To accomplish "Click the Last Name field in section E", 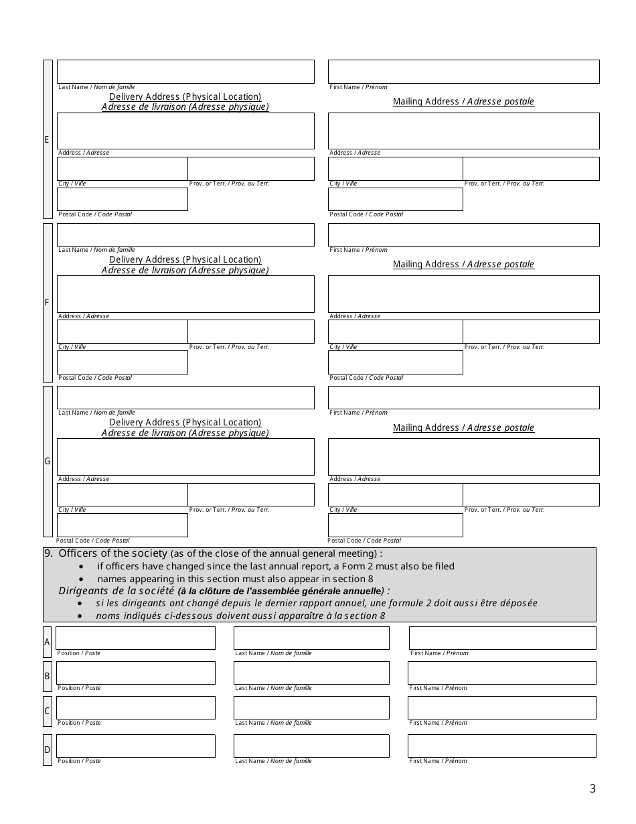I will coord(185,72).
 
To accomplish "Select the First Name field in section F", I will coord(463,234).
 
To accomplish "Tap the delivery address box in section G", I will coord(185,457).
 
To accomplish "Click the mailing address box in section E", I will coord(463,131).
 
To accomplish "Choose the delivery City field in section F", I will coord(122,332).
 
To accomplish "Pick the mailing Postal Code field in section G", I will coord(395,525).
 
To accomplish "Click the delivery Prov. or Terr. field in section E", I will coord(251,169).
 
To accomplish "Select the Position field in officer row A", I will coord(136,638).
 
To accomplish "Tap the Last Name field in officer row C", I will coord(311,707).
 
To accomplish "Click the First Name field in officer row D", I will coord(501,746).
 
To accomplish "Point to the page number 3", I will coord(592,789).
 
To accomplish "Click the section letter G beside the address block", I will coord(48,461).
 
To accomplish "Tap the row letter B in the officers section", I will coord(48,676).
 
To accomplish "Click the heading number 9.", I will coord(48,553).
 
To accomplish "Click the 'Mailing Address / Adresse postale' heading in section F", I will coord(463,265).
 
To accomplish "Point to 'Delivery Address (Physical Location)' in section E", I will coord(185,96).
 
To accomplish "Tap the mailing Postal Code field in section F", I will coord(395,362).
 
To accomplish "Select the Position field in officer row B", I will coord(136,673).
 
